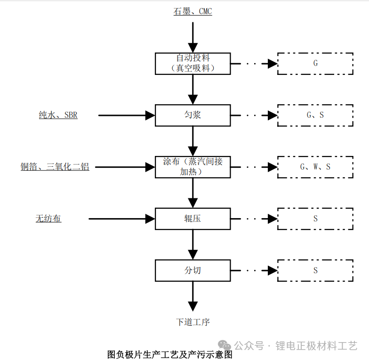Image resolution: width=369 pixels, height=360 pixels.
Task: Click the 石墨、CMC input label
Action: [193, 11]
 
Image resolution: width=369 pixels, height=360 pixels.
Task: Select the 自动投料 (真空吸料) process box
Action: [193, 64]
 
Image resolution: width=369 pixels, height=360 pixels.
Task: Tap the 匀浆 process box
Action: [193, 115]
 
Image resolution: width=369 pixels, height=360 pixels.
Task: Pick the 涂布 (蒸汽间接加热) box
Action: [193, 167]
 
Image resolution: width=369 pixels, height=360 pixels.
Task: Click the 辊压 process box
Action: [193, 219]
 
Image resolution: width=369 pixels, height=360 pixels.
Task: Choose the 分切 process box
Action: [193, 270]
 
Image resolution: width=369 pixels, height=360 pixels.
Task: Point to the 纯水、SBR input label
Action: [58, 115]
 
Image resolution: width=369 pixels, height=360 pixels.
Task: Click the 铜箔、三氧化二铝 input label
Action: [55, 167]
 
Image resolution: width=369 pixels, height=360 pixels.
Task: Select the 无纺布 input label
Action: [48, 219]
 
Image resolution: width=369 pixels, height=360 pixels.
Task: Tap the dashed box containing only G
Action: [315, 64]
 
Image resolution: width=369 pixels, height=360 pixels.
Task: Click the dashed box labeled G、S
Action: [315, 115]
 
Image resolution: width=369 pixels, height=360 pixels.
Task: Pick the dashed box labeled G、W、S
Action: [315, 167]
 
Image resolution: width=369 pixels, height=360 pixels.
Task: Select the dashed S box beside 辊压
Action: [315, 219]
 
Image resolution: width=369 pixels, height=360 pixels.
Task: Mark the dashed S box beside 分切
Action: [315, 270]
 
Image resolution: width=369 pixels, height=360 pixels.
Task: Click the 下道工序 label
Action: [193, 322]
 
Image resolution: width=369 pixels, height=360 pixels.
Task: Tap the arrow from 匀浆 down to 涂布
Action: [193, 141]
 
